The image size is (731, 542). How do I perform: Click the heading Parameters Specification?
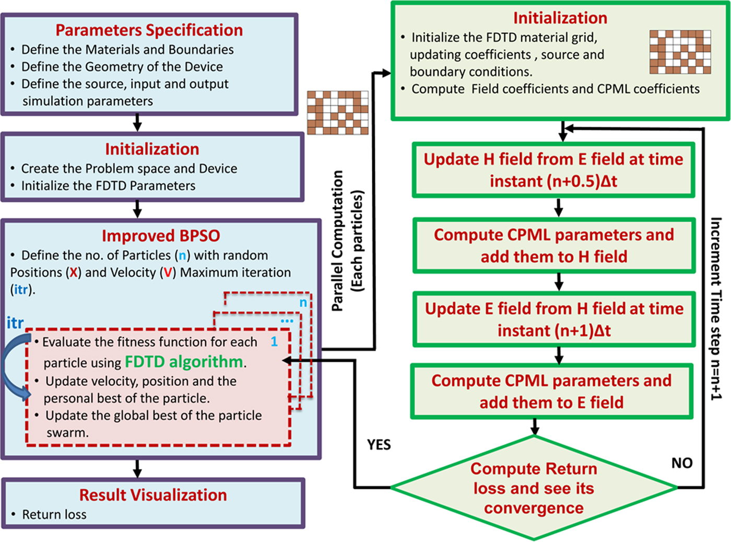[x=149, y=30]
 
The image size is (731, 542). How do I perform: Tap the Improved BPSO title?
[x=161, y=236]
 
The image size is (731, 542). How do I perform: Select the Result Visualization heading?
[x=153, y=494]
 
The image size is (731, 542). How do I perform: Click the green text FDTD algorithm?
[x=184, y=362]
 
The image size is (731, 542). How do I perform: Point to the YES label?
[x=379, y=445]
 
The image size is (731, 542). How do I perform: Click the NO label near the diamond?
[x=681, y=463]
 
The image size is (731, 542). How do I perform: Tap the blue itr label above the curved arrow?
[x=15, y=323]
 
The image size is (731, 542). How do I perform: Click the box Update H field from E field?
[x=553, y=170]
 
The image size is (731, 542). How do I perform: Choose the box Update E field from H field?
[x=553, y=319]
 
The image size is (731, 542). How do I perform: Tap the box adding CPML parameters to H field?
[x=553, y=246]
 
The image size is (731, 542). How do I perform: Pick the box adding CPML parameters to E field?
[x=551, y=391]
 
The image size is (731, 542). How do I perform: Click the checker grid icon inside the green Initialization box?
[x=680, y=52]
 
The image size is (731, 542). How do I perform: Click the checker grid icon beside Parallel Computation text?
[x=337, y=112]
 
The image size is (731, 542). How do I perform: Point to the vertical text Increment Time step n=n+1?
[x=716, y=308]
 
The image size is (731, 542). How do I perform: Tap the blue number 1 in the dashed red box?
[x=274, y=342]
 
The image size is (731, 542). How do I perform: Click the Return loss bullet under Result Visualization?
[x=54, y=515]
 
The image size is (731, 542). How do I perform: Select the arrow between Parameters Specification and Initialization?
[x=137, y=122]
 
